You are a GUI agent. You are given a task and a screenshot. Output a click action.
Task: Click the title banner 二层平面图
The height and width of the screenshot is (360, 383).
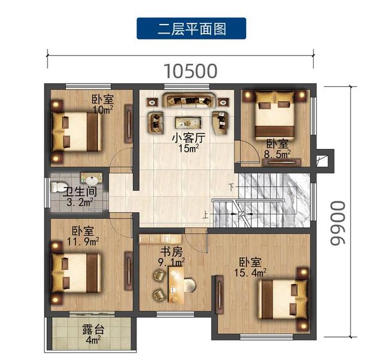[x=191, y=28]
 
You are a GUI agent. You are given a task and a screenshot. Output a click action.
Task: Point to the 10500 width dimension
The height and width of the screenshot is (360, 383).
[x=190, y=71]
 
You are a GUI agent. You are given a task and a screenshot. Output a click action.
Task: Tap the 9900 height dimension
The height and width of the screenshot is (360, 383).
[x=338, y=223]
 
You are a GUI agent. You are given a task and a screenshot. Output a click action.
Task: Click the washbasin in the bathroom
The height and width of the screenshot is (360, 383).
[x=92, y=179]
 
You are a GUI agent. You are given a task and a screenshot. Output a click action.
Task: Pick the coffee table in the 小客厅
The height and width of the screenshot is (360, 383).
[x=188, y=123]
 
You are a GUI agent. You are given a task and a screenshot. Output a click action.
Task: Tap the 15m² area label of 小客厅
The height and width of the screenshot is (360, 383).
[x=189, y=148]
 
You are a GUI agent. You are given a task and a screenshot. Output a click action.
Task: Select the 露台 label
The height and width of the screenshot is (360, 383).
[x=93, y=329]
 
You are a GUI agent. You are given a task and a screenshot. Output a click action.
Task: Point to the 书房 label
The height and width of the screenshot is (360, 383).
[x=171, y=252]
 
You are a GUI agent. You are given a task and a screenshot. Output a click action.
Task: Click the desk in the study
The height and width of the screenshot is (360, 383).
[x=177, y=285]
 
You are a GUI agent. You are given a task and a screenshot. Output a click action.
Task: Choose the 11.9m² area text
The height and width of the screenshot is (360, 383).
[x=83, y=242]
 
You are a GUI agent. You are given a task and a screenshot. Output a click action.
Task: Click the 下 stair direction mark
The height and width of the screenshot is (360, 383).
[x=232, y=187]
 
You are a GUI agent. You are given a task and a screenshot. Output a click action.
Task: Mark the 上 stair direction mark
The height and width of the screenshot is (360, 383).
[x=206, y=215]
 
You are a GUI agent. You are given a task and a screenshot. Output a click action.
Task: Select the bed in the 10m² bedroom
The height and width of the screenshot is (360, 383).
[x=77, y=132]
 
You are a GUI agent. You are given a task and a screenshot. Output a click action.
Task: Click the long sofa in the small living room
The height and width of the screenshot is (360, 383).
[x=189, y=100]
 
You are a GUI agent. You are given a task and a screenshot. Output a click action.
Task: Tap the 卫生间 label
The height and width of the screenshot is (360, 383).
[x=80, y=192]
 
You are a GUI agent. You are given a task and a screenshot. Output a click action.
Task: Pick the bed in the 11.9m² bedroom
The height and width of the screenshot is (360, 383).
[x=76, y=273]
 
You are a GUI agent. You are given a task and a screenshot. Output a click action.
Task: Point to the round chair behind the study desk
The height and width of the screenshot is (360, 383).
[x=189, y=285]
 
